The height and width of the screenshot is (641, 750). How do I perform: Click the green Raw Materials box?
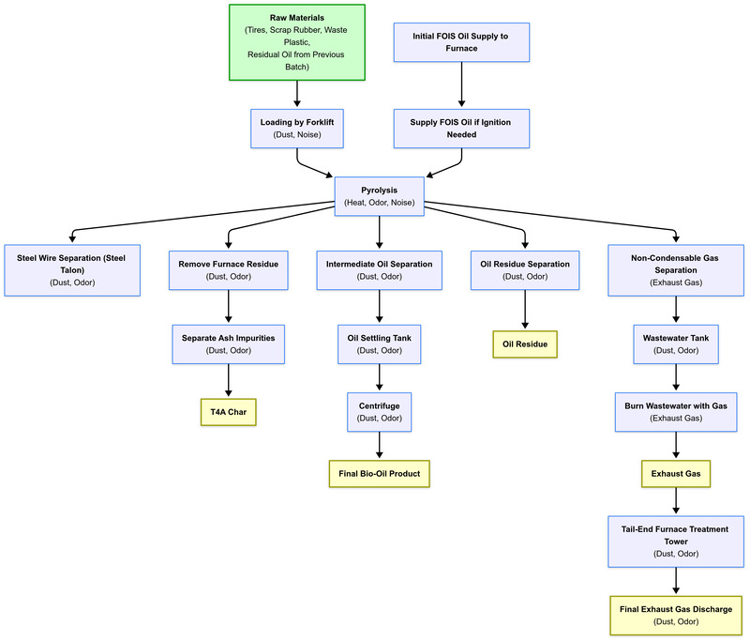(x=297, y=41)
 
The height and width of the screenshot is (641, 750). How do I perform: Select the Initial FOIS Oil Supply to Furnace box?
(x=459, y=42)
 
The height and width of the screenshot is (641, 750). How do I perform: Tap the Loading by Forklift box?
(x=297, y=128)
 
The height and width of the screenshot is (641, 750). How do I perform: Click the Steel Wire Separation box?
(x=72, y=270)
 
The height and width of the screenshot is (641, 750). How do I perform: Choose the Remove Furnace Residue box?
(x=229, y=270)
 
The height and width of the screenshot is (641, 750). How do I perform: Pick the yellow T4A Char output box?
(x=229, y=412)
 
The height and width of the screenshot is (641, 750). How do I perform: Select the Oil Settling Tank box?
(x=379, y=343)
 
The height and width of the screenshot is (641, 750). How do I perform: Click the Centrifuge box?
(x=379, y=412)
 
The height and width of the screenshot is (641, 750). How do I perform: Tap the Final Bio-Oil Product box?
(x=379, y=473)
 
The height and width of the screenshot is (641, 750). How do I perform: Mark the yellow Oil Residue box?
(x=524, y=344)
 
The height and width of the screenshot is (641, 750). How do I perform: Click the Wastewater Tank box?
(x=676, y=343)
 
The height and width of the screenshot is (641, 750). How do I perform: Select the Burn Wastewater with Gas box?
(x=676, y=412)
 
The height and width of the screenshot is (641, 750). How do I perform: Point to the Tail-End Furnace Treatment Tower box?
(x=676, y=542)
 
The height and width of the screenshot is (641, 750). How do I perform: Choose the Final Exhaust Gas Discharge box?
(x=676, y=616)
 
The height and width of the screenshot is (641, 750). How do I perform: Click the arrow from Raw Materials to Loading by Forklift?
(x=297, y=94)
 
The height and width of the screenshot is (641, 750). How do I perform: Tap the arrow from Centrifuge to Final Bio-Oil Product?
(x=379, y=446)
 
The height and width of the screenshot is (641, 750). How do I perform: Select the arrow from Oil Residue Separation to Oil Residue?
(x=524, y=312)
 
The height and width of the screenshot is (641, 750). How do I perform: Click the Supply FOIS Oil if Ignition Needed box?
(x=459, y=128)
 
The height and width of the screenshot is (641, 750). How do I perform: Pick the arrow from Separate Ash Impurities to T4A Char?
(x=229, y=381)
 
